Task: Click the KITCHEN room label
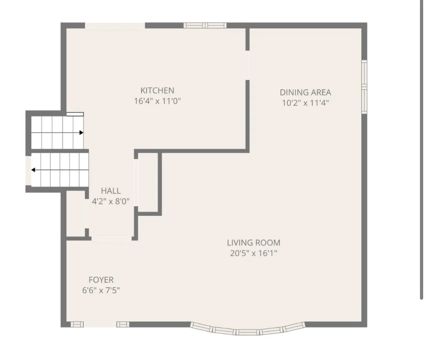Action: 157,90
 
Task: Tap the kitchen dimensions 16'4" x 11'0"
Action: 157,101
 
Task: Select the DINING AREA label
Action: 305,93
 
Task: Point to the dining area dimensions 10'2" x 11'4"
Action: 305,103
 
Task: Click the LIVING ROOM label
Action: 253,243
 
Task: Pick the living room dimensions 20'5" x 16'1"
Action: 253,253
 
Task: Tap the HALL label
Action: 111,191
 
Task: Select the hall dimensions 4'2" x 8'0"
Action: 111,202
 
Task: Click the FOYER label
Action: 101,280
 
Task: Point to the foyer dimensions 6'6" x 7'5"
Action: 101,290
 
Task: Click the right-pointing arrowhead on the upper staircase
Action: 81,133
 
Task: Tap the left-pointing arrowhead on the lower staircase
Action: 33,170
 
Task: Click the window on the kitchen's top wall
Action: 205,26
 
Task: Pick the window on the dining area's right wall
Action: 364,87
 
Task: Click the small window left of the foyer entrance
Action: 77,324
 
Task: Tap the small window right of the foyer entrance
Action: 123,324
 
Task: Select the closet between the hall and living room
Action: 148,182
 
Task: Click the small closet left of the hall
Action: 76,214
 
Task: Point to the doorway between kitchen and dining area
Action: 247,65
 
